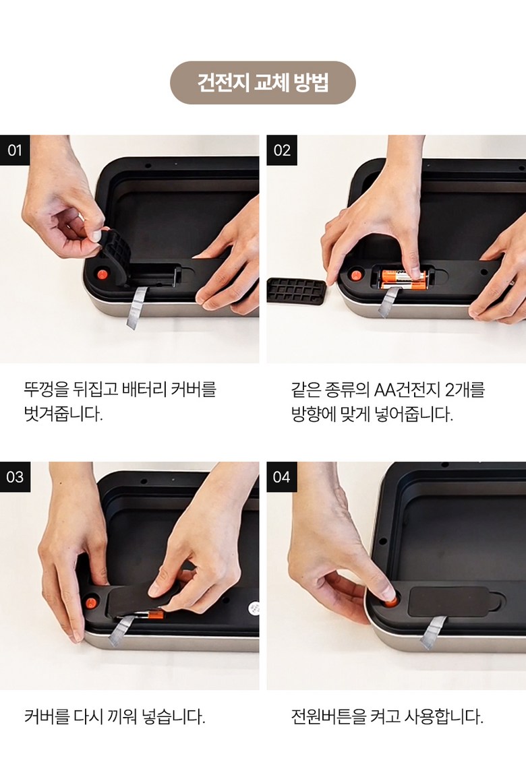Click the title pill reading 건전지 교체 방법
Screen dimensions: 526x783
(x=263, y=82)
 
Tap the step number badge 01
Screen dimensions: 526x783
(x=14, y=150)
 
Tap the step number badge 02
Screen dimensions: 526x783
(x=282, y=150)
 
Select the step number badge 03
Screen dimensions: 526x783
(x=14, y=476)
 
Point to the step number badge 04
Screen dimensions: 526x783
(x=281, y=476)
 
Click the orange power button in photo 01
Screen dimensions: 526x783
(x=103, y=275)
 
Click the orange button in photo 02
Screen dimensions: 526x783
(x=356, y=275)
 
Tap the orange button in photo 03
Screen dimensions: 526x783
(x=91, y=602)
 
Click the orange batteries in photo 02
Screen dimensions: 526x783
(x=404, y=279)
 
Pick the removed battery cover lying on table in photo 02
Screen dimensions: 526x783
(x=296, y=290)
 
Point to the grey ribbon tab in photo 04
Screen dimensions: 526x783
(x=432, y=632)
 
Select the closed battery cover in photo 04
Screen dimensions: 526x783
(x=455, y=601)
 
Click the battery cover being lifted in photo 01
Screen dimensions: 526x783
(x=115, y=255)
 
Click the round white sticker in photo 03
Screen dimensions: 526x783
(x=254, y=608)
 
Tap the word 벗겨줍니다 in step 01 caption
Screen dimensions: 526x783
(x=63, y=414)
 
